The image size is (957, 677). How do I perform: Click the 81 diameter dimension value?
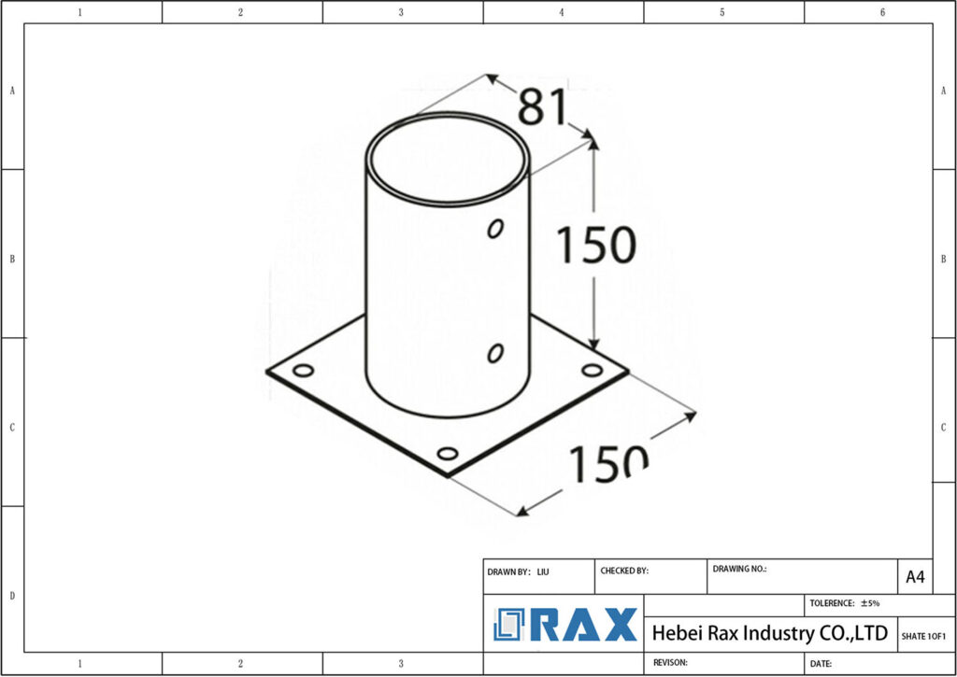point(543,107)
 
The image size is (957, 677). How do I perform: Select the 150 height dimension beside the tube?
point(596,245)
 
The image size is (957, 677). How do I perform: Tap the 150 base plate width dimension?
point(608,462)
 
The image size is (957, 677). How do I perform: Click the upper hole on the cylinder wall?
point(496,228)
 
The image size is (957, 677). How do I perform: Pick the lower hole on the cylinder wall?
point(495,352)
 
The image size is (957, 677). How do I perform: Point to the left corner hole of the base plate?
point(303,371)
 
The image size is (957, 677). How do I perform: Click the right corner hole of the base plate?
point(592,371)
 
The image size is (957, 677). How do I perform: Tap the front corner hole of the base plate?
point(448,454)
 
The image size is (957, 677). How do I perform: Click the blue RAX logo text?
point(584,625)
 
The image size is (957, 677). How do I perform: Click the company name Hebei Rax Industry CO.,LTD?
point(768,633)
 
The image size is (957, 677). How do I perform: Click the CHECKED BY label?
point(624,571)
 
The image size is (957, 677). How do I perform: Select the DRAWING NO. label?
point(739,568)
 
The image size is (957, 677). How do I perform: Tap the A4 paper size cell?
point(915,577)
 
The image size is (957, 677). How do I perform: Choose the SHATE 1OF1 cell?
point(923,636)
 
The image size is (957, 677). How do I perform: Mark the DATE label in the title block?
point(821,663)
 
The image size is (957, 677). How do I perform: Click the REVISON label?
point(670,662)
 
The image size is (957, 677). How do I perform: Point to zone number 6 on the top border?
point(882,12)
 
